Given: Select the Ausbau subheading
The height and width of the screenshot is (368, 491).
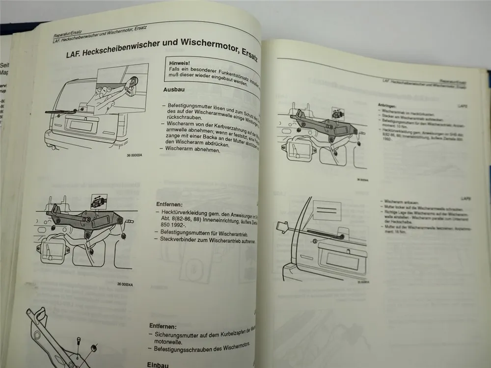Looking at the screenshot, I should (x=175, y=90).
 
